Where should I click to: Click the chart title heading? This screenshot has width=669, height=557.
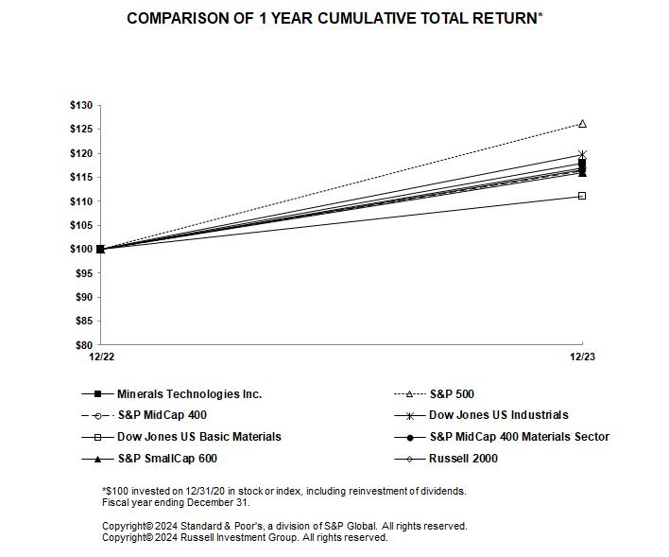pos(334,19)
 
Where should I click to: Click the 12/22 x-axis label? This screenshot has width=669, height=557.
pos(101,357)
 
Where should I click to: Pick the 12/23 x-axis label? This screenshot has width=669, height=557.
pos(582,357)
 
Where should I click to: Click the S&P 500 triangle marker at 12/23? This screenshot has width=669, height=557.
pos(582,124)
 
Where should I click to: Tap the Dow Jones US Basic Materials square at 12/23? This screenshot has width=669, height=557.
pos(582,196)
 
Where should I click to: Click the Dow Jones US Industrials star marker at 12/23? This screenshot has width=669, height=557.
pos(582,154)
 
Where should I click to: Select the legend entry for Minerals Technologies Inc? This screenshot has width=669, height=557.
pos(189,393)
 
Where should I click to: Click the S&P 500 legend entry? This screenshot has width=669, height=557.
pos(452,393)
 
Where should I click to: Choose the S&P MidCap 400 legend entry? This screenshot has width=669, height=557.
pos(162,415)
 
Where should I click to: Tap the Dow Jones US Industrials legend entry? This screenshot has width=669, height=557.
pos(498,415)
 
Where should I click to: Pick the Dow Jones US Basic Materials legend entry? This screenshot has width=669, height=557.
pos(198,437)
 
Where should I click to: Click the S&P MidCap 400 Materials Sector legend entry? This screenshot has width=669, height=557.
pos(519,437)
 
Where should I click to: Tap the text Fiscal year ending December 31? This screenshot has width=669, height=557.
pos(169,502)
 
